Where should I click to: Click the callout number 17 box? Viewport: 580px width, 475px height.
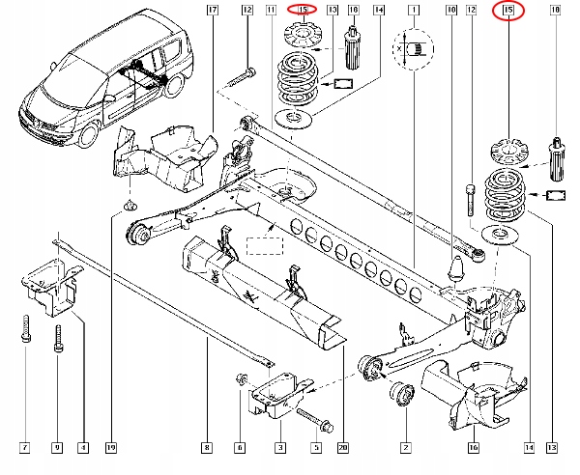pyautogui.click(x=213, y=10)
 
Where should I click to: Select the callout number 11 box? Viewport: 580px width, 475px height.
pyautogui.click(x=271, y=10)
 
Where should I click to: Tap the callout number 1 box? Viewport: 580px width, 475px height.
pyautogui.click(x=414, y=10)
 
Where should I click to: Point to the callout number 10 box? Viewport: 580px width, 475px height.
pyautogui.click(x=451, y=10)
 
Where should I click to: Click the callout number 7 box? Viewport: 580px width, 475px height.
pyautogui.click(x=25, y=448)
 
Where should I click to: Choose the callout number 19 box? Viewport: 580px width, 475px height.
pyautogui.click(x=111, y=448)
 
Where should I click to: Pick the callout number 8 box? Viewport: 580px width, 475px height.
pyautogui.click(x=207, y=448)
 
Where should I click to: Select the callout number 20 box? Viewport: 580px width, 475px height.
pyautogui.click(x=343, y=448)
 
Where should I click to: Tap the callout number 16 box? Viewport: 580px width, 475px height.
pyautogui.click(x=474, y=448)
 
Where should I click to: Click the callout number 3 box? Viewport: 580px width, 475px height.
pyautogui.click(x=280, y=448)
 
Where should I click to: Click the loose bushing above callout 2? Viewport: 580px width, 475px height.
pyautogui.click(x=402, y=394)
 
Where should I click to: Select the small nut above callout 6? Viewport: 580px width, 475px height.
pyautogui.click(x=242, y=379)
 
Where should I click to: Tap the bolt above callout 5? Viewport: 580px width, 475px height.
pyautogui.click(x=315, y=420)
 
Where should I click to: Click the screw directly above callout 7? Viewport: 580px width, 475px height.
pyautogui.click(x=25, y=328)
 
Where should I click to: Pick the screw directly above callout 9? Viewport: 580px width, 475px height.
pyautogui.click(x=58, y=339)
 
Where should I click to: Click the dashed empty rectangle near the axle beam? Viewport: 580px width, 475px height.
pyautogui.click(x=265, y=246)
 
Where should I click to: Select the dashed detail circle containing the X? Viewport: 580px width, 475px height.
pyautogui.click(x=413, y=48)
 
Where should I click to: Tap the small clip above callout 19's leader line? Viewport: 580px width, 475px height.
pyautogui.click(x=130, y=205)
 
